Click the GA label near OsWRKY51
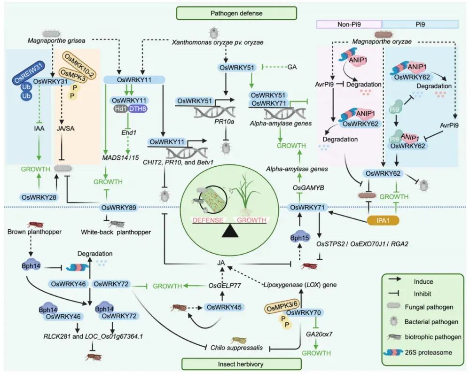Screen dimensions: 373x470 (292, 68)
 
